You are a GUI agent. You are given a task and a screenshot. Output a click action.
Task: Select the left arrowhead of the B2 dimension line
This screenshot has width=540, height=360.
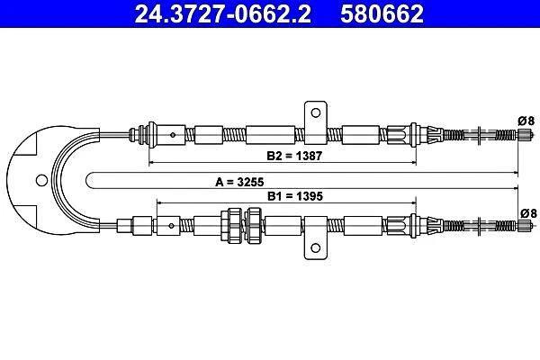[151, 163]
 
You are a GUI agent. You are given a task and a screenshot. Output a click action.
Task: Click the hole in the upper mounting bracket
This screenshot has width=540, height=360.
[316, 112]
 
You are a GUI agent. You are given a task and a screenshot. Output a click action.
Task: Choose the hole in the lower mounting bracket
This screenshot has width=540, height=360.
[316, 250]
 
